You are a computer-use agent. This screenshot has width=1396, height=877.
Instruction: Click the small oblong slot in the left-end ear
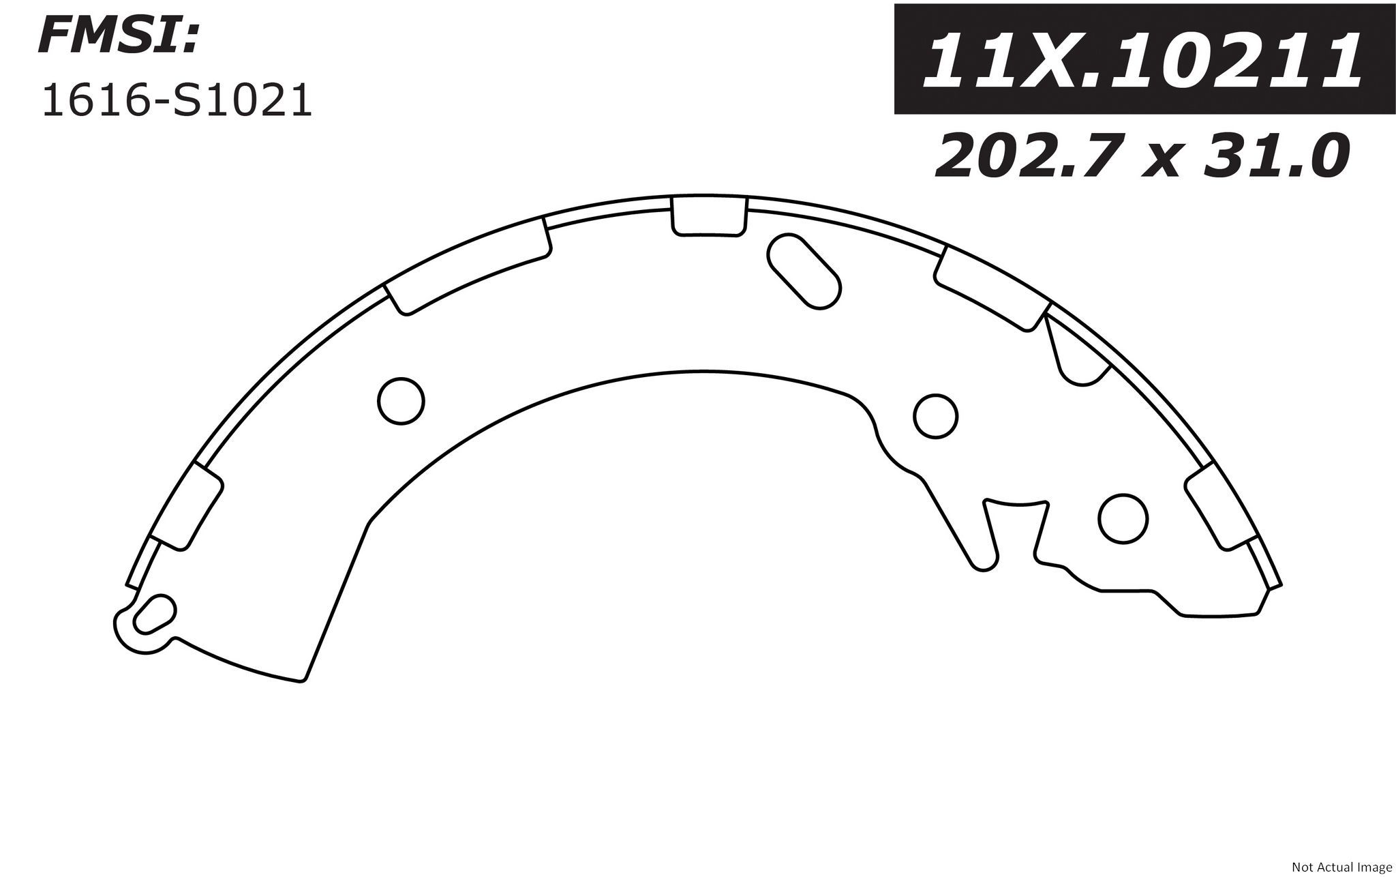(153, 612)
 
